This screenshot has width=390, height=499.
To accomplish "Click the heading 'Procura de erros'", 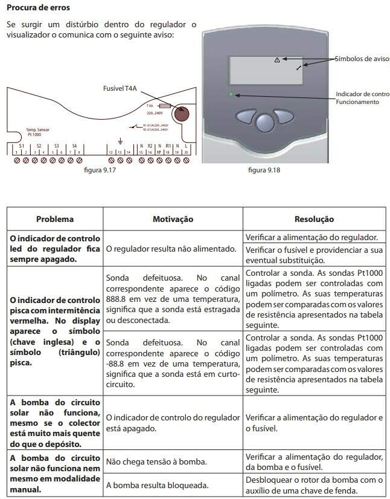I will pyautogui.click(x=37, y=8).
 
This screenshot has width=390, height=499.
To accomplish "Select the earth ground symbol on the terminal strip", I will pyautogui.click(x=120, y=140).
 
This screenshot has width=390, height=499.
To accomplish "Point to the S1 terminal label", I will pyautogui.click(x=21, y=146).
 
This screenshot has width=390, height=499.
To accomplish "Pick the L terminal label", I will pyautogui.click(x=185, y=146).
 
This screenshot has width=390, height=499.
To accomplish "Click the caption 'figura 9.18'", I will pyautogui.click(x=264, y=171).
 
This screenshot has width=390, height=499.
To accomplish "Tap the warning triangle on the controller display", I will pyautogui.click(x=277, y=60).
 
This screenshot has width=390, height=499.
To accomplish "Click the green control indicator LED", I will pyautogui.click(x=231, y=94).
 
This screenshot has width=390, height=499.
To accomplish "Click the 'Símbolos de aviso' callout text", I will pyautogui.click(x=362, y=59).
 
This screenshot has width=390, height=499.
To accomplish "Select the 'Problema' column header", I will pyautogui.click(x=55, y=219).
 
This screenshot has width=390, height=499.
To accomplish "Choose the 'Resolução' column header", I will pyautogui.click(x=314, y=219).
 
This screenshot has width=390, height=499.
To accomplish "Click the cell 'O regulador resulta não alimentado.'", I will pyautogui.click(x=171, y=249).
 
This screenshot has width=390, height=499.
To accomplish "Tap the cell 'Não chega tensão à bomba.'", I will pyautogui.click(x=156, y=461).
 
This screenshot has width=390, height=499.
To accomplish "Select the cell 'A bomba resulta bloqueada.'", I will pyautogui.click(x=158, y=484).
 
